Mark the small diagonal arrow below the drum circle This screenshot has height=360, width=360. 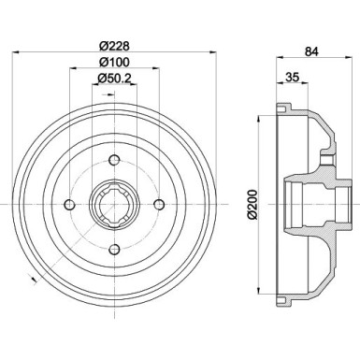click(35, 281)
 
